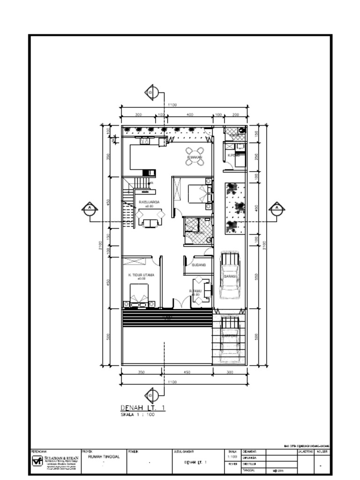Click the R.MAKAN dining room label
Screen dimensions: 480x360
point(195,157)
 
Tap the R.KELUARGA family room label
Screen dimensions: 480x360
point(149,202)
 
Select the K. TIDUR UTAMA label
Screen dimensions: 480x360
point(141,275)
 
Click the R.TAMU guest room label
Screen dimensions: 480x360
point(196,291)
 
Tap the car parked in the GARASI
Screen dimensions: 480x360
point(229,276)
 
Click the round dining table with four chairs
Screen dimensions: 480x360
point(195,157)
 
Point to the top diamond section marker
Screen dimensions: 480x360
point(151,92)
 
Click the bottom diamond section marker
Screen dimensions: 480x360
point(151,396)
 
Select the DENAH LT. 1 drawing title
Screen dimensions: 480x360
point(143,408)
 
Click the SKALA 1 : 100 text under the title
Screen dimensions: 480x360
point(137,415)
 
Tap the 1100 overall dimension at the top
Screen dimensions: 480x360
point(172,105)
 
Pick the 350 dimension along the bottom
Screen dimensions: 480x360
point(141,372)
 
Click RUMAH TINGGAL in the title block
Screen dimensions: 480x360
point(101,457)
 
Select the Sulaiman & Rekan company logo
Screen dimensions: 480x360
point(37,461)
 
